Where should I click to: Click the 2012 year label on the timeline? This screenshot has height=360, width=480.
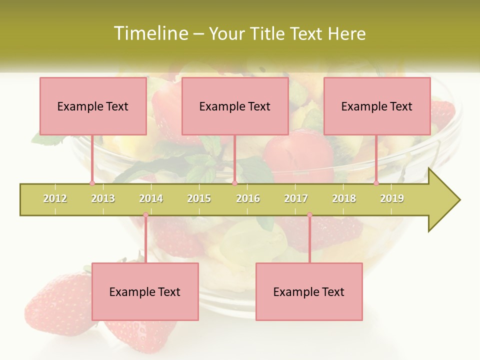click(x=55, y=198)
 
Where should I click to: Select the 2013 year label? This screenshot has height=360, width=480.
click(x=103, y=198)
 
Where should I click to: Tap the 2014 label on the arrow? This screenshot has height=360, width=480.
click(x=151, y=198)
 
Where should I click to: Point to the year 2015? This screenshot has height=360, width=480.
click(x=199, y=198)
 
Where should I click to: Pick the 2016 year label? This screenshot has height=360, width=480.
click(x=248, y=198)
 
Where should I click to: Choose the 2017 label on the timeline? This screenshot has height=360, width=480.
click(x=296, y=198)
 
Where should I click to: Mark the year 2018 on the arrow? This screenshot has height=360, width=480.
click(x=344, y=198)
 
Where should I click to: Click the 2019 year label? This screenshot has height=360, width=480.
click(x=392, y=198)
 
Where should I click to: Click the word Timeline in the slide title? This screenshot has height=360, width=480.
click(x=149, y=33)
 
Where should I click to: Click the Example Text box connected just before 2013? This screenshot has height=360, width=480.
click(x=93, y=106)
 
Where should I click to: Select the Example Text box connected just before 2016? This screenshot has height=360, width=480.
click(x=235, y=106)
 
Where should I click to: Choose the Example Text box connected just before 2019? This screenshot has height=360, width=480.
click(x=377, y=106)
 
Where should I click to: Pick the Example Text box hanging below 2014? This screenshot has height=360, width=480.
click(x=145, y=291)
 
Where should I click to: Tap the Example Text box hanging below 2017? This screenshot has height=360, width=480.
click(x=309, y=291)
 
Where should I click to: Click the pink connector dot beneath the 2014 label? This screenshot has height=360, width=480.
click(x=145, y=215)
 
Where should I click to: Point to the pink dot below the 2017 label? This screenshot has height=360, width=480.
click(x=309, y=215)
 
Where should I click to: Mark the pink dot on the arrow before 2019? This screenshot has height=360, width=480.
click(x=376, y=183)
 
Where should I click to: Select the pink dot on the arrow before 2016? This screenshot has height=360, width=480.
click(x=234, y=183)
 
